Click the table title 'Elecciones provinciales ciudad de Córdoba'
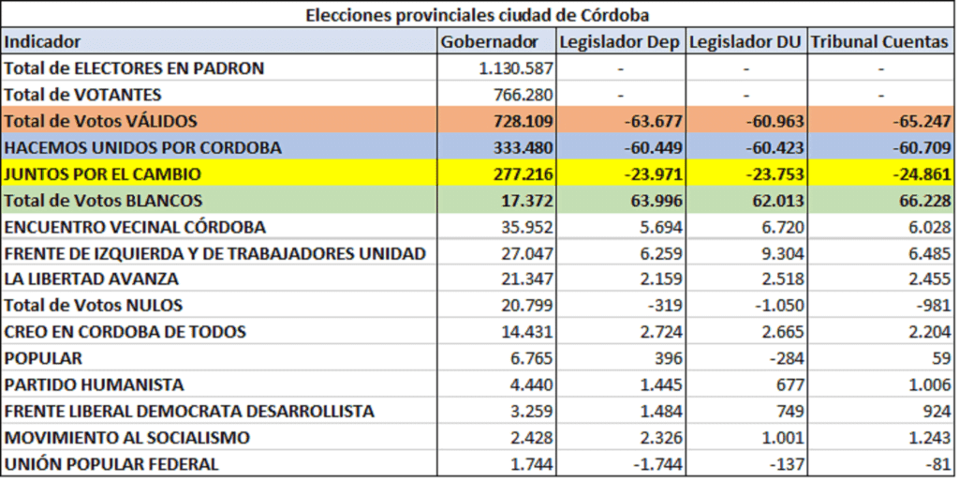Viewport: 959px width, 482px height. [477, 15]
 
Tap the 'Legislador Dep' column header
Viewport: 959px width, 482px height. [619, 41]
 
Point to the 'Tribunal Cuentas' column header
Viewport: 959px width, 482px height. [879, 41]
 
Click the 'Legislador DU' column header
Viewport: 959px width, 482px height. [745, 41]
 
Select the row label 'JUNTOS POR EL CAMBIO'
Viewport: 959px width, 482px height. [103, 173]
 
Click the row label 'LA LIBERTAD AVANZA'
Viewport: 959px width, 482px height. [92, 279]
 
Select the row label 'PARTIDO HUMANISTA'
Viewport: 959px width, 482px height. [95, 384]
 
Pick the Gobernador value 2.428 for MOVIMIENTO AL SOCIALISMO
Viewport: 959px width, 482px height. [533, 438]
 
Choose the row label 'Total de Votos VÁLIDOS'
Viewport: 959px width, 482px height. [101, 121]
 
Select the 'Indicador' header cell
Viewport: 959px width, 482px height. [43, 41]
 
